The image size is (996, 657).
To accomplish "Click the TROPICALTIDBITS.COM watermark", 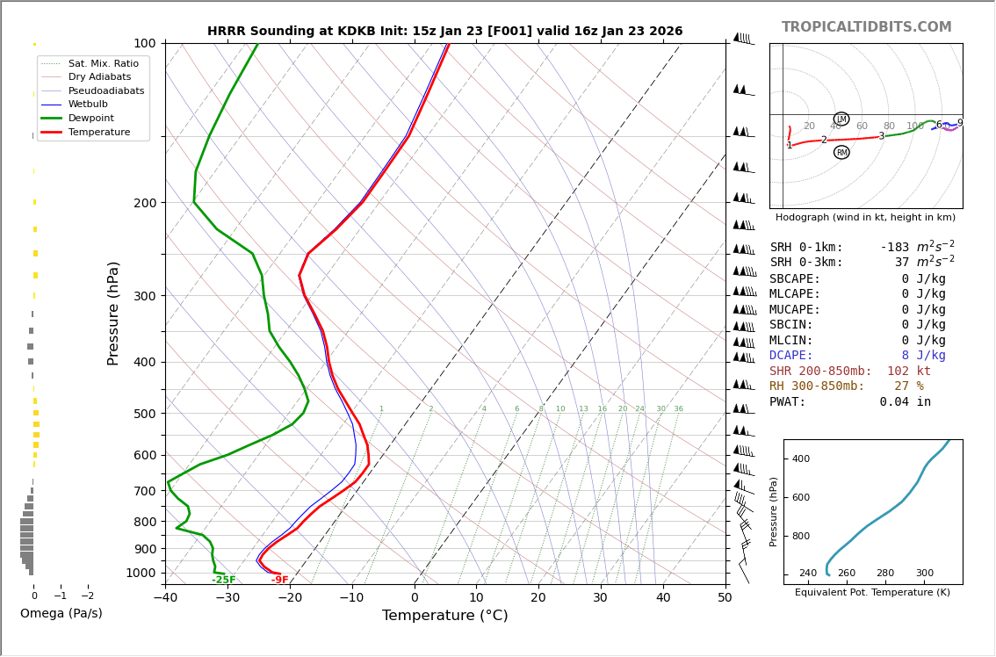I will coord(866,27).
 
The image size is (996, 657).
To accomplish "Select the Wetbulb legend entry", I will coord(87,104).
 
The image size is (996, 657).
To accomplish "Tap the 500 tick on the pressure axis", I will coord(144,414).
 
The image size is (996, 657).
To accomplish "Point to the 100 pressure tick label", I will coord(144,43).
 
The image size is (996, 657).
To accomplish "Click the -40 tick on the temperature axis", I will coord(165,598).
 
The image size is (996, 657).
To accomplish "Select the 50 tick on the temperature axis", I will coord(725,598).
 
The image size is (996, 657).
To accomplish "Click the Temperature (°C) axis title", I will coord(444,616).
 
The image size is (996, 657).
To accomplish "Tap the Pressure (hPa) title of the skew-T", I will coord(113,313).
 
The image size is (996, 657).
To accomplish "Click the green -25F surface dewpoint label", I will coord(224,580).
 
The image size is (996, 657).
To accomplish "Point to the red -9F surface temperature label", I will coord(279,580).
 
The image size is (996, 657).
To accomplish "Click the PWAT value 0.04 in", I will coord(905,402).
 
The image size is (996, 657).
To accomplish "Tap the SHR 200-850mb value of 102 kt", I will coord(908,372).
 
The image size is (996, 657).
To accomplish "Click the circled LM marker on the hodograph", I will coord(841,119).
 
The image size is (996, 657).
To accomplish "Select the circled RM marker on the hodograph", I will coord(841,152).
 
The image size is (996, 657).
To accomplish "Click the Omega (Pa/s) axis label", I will coord(61,613).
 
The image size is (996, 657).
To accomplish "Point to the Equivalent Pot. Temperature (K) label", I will coord(872,592).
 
